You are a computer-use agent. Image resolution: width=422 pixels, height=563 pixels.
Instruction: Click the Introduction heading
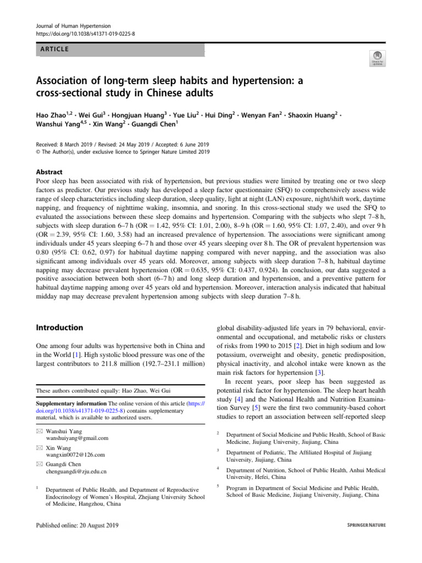(x=59, y=328)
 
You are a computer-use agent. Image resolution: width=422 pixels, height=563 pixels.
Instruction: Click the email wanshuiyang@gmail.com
(x=77, y=438)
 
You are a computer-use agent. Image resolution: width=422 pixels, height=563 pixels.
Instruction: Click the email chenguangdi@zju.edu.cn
(x=76, y=471)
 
